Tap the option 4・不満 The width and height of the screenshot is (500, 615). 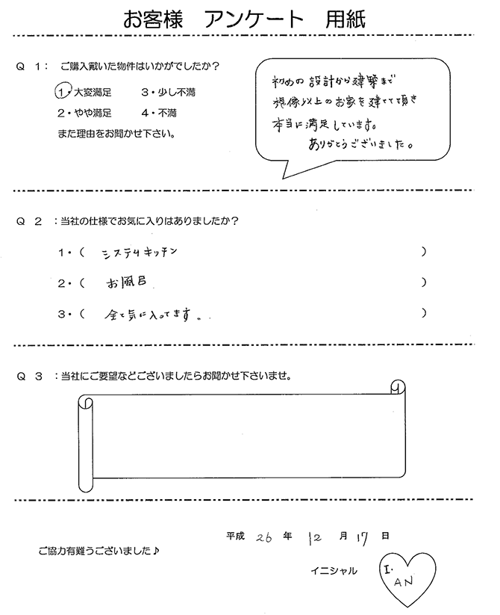tap(158, 114)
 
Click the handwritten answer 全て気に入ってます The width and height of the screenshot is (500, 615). tap(153, 315)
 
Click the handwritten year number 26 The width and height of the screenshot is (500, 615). tap(263, 537)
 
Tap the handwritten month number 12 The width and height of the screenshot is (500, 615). tap(314, 537)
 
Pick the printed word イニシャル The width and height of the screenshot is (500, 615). tap(333, 572)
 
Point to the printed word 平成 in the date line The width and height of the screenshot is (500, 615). tap(237, 537)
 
